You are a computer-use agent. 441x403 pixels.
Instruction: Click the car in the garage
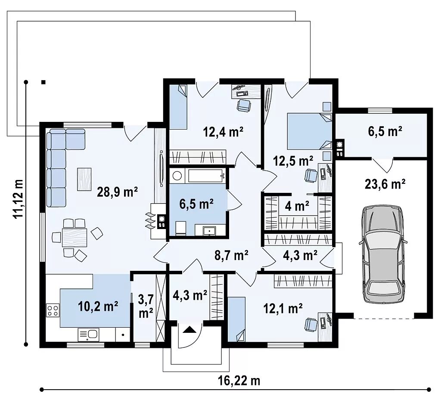coord(383,254)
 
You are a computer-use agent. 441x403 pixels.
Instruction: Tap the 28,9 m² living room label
coord(117,192)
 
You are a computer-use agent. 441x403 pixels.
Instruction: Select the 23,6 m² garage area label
coord(385,184)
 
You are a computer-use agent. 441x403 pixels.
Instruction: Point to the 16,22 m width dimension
coord(239,381)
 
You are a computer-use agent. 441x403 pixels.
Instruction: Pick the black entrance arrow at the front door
coord(189,329)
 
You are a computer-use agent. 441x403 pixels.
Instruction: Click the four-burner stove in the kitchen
coord(53,310)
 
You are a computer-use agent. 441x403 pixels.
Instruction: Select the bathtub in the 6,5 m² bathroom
coord(207,176)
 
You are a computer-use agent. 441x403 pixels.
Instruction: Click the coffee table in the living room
coord(84,179)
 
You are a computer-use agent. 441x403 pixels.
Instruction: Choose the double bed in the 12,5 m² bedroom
coord(309,131)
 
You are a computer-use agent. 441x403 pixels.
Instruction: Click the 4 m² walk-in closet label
coord(297,206)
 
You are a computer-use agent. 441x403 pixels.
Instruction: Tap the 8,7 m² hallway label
coord(231,255)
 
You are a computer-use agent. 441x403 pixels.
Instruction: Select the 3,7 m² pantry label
coord(146,306)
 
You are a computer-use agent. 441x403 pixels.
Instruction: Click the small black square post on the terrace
coord(43,82)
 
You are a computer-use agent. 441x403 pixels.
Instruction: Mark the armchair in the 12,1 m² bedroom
coord(311,324)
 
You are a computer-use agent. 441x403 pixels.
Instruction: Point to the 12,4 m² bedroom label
coord(224,132)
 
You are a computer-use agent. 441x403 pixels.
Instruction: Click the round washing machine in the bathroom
coord(177,176)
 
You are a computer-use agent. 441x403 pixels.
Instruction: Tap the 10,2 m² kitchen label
coord(98,306)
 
